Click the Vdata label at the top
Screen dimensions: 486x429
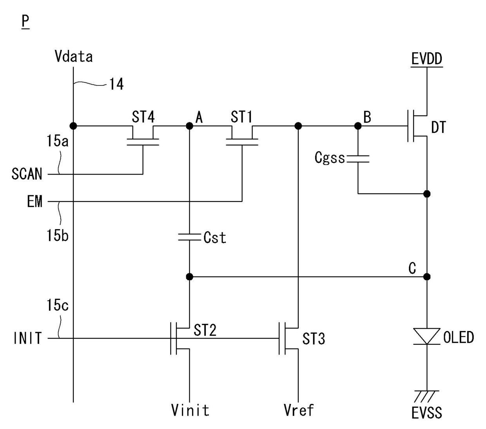(74, 56)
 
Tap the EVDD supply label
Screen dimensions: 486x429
(427, 59)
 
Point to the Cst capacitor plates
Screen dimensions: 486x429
(190, 237)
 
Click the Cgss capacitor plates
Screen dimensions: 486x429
(358, 159)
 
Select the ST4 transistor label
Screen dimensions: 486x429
(143, 117)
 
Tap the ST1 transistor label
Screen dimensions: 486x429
(241, 117)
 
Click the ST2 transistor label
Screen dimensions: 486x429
(205, 330)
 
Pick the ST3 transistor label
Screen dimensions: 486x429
(314, 339)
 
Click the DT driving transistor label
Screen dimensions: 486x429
(439, 127)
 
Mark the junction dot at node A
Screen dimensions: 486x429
(190, 126)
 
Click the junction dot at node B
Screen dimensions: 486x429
(358, 126)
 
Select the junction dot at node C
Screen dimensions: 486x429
(427, 277)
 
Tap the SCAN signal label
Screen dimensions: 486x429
(27, 174)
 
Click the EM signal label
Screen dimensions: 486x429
(35, 202)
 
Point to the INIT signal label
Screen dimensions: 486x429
(27, 338)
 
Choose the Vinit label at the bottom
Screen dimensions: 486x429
(190, 410)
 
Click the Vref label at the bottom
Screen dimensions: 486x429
(299, 410)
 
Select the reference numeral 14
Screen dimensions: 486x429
(116, 84)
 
